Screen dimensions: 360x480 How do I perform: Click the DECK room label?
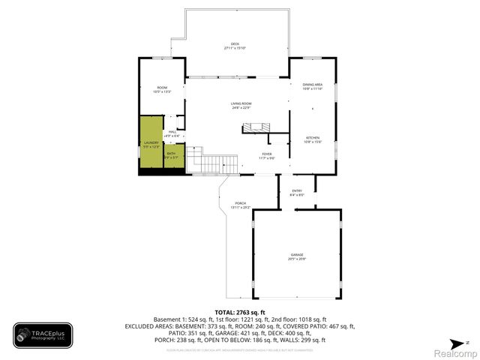235,44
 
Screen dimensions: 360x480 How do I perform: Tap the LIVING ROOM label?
240,103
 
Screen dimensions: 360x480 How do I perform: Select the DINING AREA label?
313,85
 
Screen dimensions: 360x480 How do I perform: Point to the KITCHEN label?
313,138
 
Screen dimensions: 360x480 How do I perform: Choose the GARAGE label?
298,255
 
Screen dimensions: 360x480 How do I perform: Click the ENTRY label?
297,191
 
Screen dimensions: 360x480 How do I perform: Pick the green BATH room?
172,155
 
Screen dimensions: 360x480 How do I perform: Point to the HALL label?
172,132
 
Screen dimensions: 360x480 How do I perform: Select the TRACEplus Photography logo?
43,335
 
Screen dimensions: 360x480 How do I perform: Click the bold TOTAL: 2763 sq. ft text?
240,312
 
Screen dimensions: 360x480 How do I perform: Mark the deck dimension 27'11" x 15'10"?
235,48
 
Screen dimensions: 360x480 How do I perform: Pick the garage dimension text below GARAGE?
298,259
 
